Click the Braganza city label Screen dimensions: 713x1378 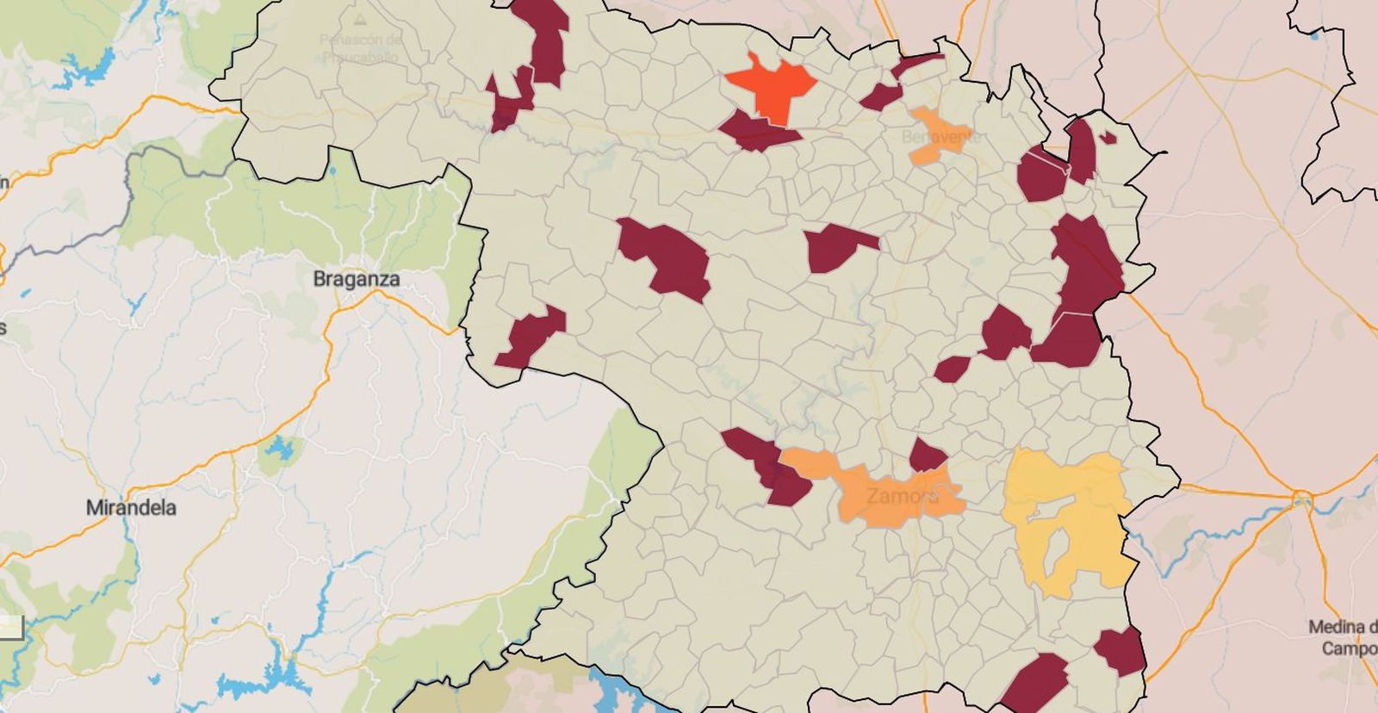tap(356, 279)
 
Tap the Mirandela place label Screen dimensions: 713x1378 tap(131, 508)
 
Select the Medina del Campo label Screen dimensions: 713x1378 tap(1342, 637)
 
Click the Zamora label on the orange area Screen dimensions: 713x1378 tap(901, 497)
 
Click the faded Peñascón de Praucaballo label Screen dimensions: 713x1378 tap(360, 48)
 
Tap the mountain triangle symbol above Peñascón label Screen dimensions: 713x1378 tap(360, 17)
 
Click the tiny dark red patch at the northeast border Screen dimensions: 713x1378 tap(1108, 137)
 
